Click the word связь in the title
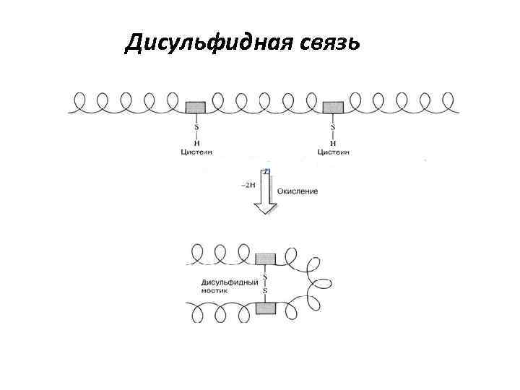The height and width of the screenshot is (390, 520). pos(323,43)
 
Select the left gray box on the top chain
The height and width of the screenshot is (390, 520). pos(195,107)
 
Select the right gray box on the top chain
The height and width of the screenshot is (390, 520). pos(333,107)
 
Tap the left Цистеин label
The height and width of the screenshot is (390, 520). pos(195,152)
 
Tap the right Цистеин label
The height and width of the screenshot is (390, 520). pos(334,152)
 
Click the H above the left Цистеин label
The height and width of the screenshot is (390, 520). pos(195,142)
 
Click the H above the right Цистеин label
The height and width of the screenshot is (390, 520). pos(333,142)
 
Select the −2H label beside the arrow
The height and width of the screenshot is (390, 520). pos(247,185)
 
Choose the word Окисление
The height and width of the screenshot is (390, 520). pos(298,191)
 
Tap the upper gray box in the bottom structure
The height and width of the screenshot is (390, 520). pos(266,258)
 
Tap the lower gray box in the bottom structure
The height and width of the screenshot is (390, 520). pos(266,308)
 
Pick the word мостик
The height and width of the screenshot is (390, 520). pos(214,290)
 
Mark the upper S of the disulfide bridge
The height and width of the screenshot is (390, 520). pos(265,277)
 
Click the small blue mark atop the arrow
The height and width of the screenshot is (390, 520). pos(266,171)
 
